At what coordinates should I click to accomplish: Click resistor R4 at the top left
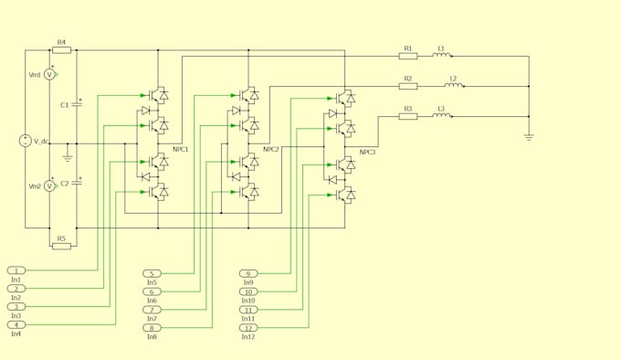pos(61,50)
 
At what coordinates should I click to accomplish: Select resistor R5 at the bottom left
pos(61,246)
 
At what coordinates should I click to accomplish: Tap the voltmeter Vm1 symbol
pos(50,75)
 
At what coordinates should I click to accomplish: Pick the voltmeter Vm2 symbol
pos(50,186)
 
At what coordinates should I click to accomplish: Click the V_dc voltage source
pos(26,141)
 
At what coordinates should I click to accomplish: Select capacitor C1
pos(77,104)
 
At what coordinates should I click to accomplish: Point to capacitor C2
pos(77,183)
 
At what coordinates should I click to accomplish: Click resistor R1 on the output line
pos(408,56)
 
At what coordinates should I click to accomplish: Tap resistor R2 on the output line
pos(408,86)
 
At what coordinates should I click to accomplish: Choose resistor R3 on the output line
pos(408,116)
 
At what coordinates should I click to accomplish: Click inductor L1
pos(441,56)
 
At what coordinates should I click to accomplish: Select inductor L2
pos(453,86)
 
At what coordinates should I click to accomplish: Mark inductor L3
pos(441,116)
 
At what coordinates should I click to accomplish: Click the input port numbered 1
pos(16,270)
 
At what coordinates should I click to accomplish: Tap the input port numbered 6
pos(152,291)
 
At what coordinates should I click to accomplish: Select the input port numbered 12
pos(248,328)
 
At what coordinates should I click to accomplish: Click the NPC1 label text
pos(181,149)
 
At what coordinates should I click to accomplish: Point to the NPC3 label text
pos(367,153)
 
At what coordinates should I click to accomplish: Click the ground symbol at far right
pos(529,137)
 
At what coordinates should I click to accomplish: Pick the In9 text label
pos(247,282)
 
